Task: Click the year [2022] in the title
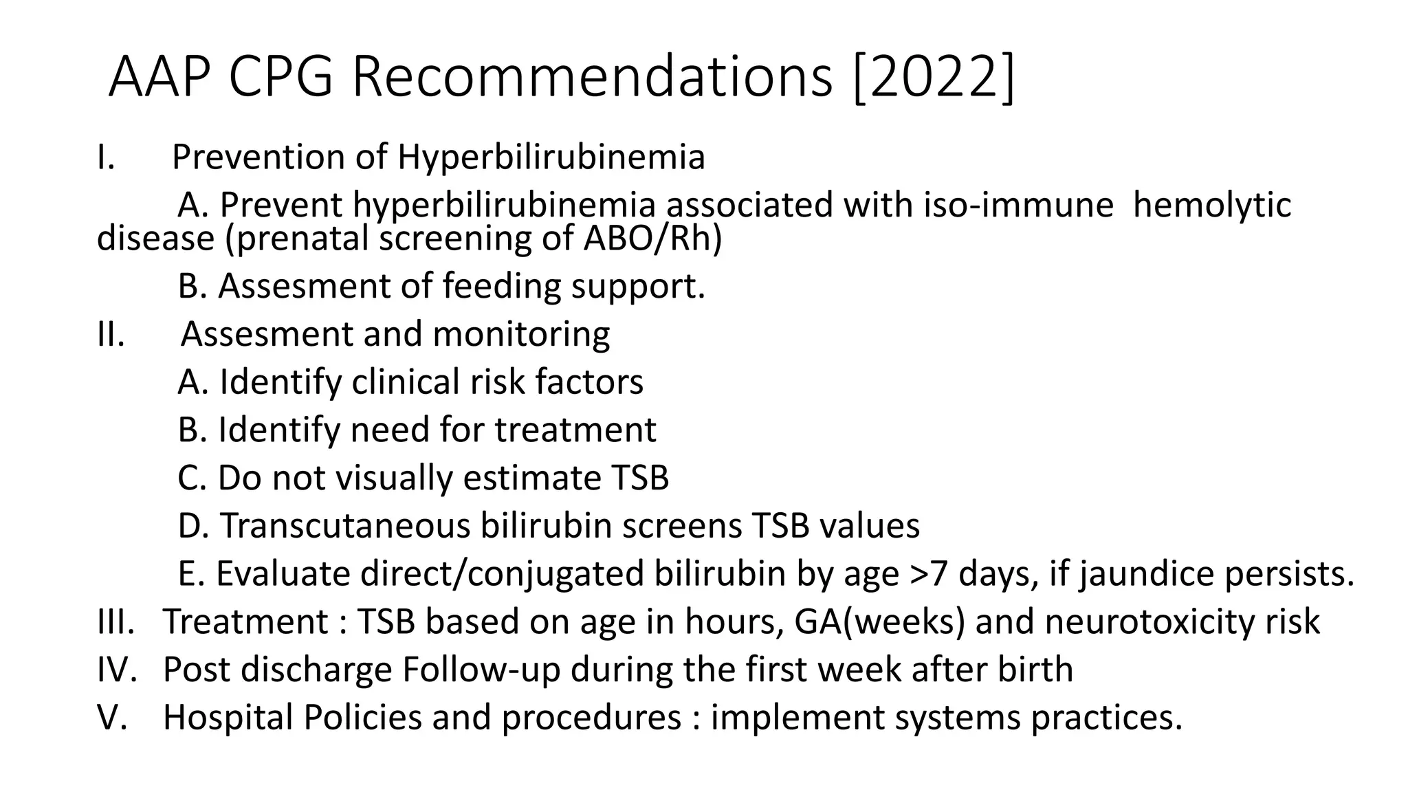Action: tap(933, 77)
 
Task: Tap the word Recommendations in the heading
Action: tap(593, 77)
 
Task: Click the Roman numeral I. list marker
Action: tap(106, 157)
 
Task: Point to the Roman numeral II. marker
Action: tap(111, 334)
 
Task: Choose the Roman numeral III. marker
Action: tap(115, 621)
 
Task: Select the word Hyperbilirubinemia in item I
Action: tap(551, 157)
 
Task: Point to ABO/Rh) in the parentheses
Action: tap(652, 239)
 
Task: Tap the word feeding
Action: tap(501, 286)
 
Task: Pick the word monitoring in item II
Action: tap(521, 334)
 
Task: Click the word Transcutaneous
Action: tap(344, 526)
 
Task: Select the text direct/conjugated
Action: tap(503, 573)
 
